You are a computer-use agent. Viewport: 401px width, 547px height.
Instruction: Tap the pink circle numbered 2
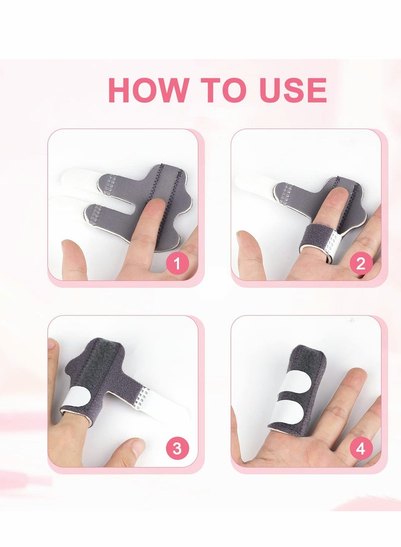(x=360, y=262)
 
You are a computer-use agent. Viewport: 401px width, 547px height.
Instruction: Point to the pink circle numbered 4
(x=360, y=448)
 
